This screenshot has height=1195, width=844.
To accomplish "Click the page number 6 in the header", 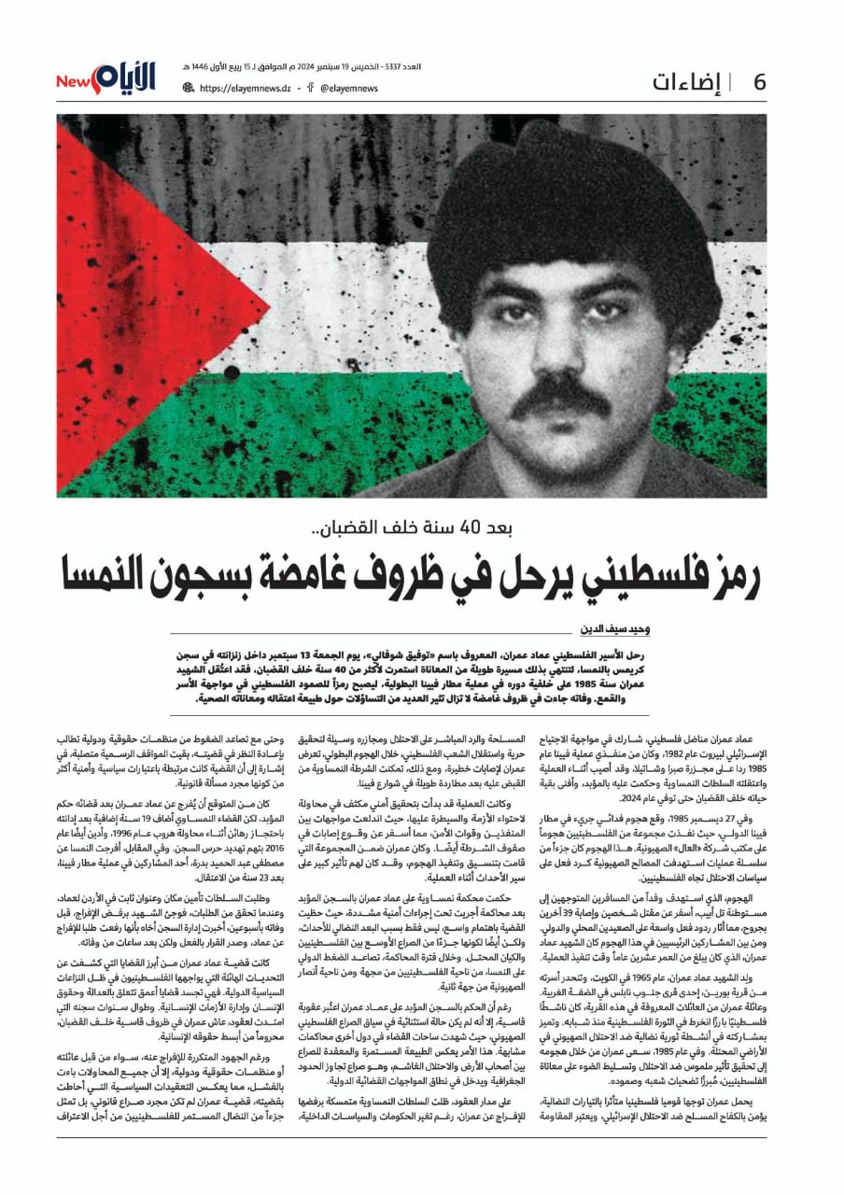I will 759,82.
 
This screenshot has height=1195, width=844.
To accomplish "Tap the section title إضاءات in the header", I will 690,82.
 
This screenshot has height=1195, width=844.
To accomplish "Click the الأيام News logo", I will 106,79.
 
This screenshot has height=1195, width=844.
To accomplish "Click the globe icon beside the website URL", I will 189,89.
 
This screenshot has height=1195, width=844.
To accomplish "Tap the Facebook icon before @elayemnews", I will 309,89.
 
